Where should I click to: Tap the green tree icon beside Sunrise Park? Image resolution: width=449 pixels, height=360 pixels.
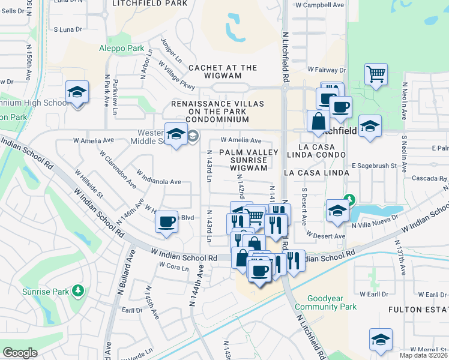tap(77, 291)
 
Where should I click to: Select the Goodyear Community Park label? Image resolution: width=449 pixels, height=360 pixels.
tap(331, 302)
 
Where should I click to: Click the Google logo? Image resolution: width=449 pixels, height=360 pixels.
tap(20, 353)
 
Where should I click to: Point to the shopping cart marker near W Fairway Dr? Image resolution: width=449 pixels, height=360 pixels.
tap(376, 75)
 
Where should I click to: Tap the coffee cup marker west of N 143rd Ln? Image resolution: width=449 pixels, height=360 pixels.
tap(166, 221)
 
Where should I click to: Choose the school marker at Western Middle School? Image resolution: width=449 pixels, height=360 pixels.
tap(176, 134)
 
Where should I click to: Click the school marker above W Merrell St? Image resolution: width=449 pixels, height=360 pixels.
tap(381, 340)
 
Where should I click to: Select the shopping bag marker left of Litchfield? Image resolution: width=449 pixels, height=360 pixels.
tap(317, 122)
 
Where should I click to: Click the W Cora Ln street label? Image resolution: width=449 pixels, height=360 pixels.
tap(173, 266)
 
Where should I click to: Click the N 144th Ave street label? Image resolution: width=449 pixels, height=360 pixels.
tap(194, 293)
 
